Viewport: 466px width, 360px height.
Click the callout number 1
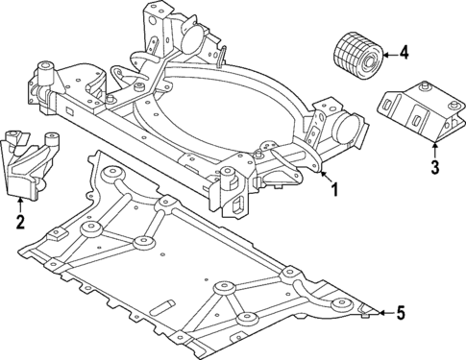[334, 190]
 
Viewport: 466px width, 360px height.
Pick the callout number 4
[404, 53]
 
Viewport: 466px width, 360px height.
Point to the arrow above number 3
[434, 149]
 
